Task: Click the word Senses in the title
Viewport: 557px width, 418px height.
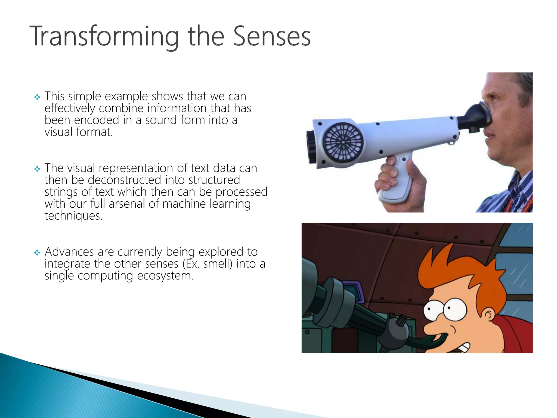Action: pos(272,36)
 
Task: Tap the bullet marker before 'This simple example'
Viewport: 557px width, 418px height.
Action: pos(37,97)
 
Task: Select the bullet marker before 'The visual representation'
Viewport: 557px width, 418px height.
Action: pos(37,169)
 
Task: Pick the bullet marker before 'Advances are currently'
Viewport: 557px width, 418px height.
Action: pos(37,253)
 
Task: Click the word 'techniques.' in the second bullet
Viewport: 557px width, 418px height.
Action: pos(73,216)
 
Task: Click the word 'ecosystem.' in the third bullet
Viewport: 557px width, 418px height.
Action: pos(165,276)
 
